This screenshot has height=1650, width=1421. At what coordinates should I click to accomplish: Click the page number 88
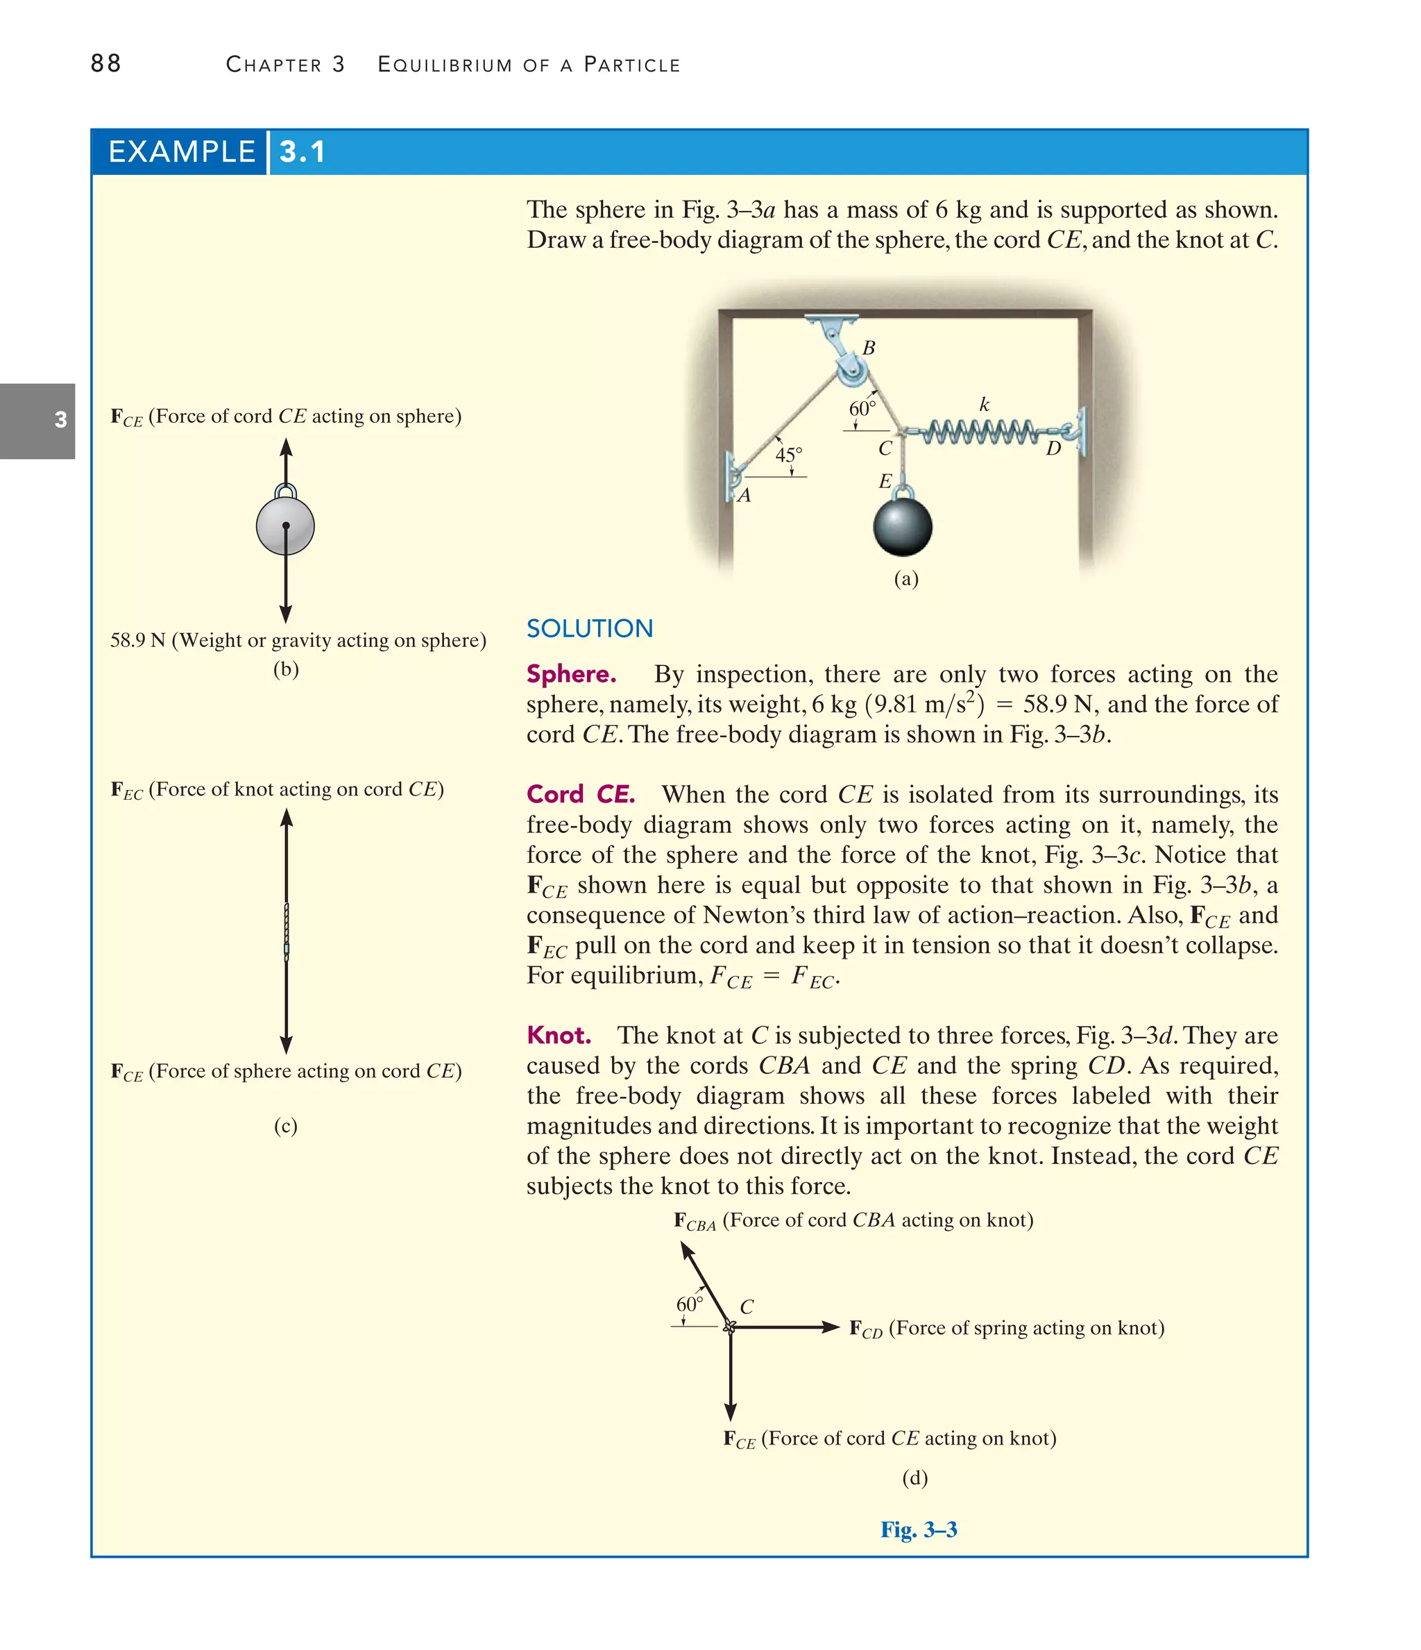[x=106, y=64]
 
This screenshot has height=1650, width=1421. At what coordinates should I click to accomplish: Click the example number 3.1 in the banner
[x=303, y=152]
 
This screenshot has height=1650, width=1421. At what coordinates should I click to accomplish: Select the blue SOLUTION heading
[x=589, y=628]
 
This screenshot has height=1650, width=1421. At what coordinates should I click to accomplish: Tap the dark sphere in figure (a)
[x=902, y=526]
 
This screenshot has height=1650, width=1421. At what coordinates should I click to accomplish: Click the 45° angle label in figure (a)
[x=788, y=455]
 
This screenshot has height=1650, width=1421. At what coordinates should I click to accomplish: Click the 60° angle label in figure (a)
[x=862, y=409]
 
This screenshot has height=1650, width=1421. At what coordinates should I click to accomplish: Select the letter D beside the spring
[x=1053, y=448]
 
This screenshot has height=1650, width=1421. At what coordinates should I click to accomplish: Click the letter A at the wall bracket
[x=744, y=496]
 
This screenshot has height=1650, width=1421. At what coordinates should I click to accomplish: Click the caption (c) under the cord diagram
[x=285, y=1125]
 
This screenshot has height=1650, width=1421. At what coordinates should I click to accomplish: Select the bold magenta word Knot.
[x=558, y=1035]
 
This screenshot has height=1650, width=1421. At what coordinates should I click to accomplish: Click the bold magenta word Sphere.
[x=571, y=674]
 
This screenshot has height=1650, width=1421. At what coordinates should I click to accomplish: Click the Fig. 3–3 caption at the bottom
[x=918, y=1529]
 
